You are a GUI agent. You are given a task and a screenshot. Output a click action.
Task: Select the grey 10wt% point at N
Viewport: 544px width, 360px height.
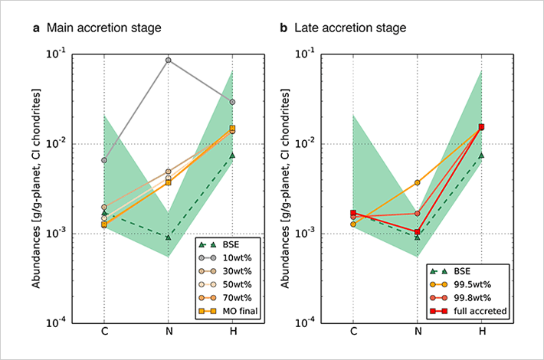(168, 60)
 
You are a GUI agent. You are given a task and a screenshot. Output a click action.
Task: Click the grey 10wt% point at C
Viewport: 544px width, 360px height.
(104, 160)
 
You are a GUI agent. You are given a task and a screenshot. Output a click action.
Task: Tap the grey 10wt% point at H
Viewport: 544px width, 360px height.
(232, 102)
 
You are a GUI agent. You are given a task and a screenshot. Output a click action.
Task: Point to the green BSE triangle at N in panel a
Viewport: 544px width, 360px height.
(168, 237)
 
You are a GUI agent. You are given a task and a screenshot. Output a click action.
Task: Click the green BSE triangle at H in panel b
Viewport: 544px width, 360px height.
(481, 155)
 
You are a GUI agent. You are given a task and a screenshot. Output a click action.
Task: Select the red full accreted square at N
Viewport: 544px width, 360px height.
(417, 232)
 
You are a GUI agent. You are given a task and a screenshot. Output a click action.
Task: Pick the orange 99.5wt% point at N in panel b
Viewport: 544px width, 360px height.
(417, 182)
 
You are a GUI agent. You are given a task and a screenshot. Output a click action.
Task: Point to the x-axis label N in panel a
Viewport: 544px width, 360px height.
(168, 332)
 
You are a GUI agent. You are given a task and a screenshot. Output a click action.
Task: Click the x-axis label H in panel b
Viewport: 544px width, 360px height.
(481, 332)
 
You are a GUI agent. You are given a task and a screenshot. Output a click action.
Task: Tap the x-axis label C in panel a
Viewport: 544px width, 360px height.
(104, 332)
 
